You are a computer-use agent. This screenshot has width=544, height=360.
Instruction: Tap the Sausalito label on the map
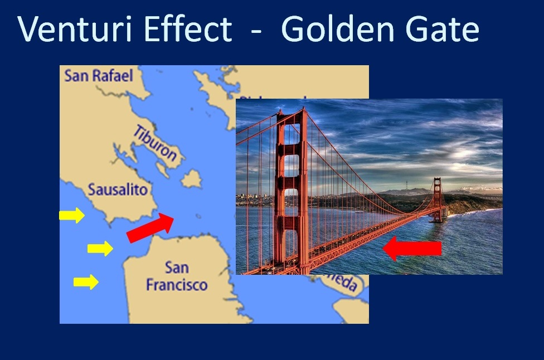(x=118, y=189)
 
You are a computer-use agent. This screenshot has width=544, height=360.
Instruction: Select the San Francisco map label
(x=176, y=276)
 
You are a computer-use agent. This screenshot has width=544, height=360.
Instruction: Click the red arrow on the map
(x=150, y=227)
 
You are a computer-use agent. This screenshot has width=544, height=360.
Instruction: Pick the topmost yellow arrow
(x=72, y=215)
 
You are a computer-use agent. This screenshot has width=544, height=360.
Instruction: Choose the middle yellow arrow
(x=100, y=249)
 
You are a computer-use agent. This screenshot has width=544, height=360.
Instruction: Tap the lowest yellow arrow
(x=86, y=282)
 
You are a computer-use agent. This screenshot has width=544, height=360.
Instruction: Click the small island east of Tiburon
(x=191, y=179)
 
